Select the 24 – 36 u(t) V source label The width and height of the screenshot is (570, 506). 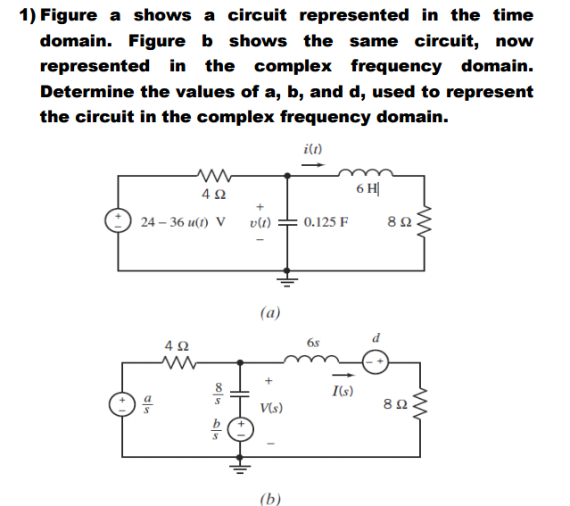(x=183, y=220)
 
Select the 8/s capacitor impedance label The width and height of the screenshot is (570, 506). (x=212, y=394)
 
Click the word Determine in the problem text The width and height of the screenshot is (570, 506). (x=86, y=91)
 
